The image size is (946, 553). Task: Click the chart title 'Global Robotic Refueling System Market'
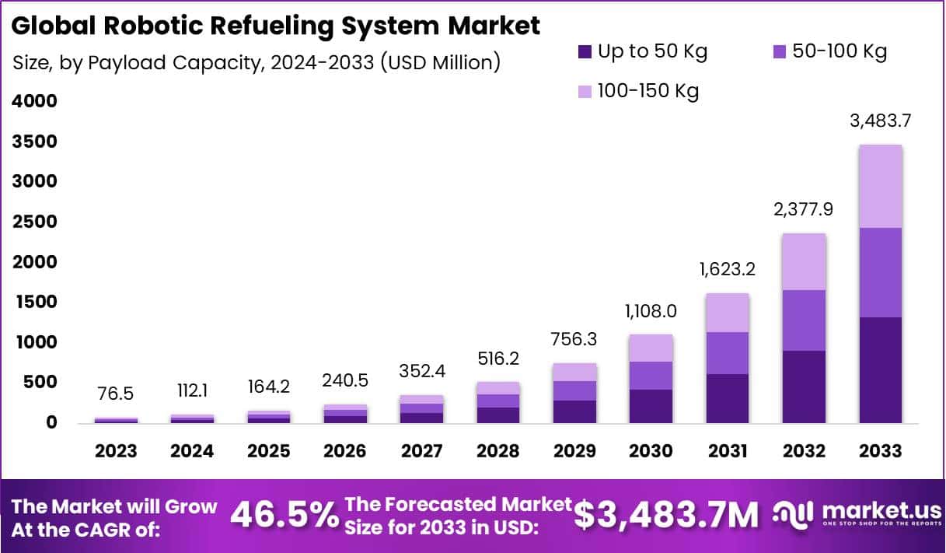point(276,26)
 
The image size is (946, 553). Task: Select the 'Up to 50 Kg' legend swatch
point(585,52)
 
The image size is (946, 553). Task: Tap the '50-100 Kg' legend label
point(840,52)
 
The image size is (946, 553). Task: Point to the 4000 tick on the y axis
point(34,101)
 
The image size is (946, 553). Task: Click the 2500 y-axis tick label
point(34,222)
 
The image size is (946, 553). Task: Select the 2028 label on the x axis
point(498,452)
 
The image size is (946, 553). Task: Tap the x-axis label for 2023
point(116,452)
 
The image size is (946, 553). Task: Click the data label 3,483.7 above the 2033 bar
point(880,121)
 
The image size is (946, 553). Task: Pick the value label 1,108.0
point(650,312)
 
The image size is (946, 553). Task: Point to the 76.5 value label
point(116,394)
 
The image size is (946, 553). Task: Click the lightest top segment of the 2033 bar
point(880,187)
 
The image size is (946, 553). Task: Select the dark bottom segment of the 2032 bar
point(804,387)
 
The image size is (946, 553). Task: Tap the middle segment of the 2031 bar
point(728,353)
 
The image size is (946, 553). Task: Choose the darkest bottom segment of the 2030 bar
point(651,406)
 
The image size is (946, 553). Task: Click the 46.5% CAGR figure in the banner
point(284,514)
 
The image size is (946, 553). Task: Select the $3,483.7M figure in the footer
point(667,514)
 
